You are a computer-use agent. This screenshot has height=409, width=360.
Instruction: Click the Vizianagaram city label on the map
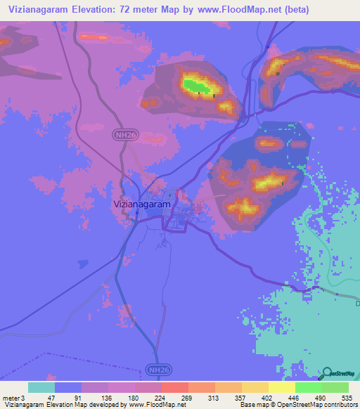[141, 204]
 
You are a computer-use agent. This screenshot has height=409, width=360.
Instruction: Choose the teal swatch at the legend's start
[41, 387]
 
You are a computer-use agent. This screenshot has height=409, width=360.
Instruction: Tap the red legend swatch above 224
[174, 387]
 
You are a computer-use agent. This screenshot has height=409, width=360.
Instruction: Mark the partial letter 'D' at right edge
[356, 304]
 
